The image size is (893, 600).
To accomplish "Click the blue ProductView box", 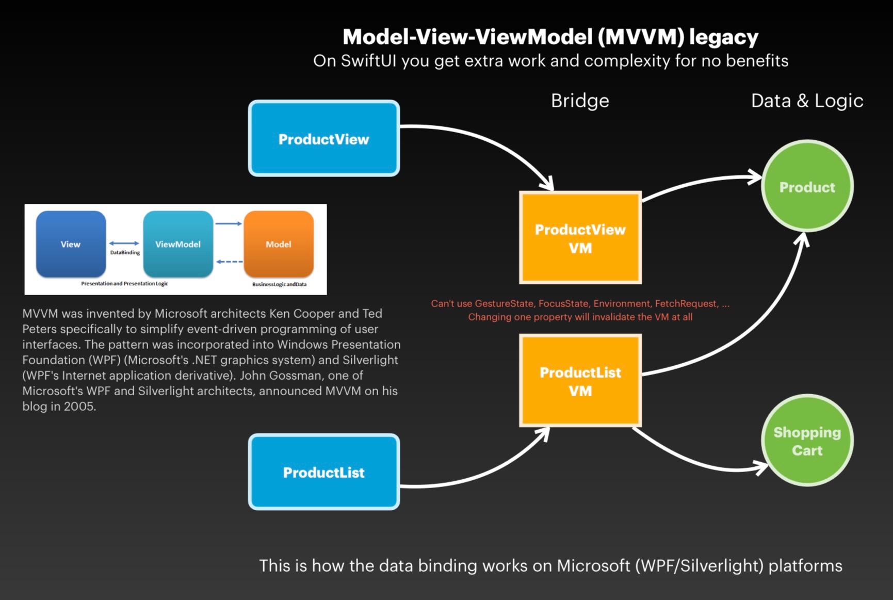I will pos(324,138).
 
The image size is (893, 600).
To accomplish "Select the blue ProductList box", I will pos(324,472).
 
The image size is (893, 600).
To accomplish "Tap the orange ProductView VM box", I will pos(580,238).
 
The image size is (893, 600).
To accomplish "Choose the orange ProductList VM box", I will pos(580,381).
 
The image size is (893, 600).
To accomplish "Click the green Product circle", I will pos(807,186).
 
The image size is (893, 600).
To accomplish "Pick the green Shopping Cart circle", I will pos(807,441).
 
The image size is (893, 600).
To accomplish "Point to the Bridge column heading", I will pos(580,101).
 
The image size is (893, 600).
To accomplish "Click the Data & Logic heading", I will pos(807,101).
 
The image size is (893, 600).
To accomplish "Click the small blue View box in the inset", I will pos(71,244).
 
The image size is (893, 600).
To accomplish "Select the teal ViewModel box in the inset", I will pos(178,244).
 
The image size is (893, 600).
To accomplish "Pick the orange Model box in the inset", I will pos(279,244).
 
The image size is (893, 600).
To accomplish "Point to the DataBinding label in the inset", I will pos(125,253).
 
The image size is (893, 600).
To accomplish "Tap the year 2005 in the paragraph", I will pos(79,407).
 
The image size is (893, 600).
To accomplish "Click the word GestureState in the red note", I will pos(504,304).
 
